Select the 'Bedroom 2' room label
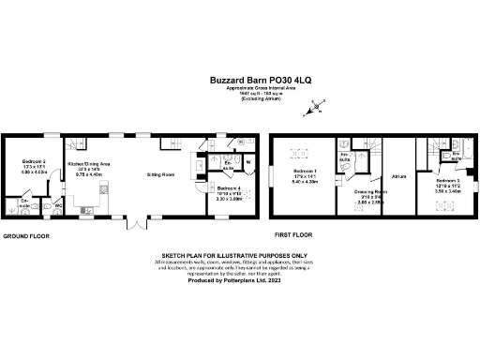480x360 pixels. click(x=34, y=161)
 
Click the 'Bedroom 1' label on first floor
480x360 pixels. click(x=305, y=174)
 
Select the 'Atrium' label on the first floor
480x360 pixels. click(x=397, y=174)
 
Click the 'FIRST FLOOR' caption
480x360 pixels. click(x=291, y=235)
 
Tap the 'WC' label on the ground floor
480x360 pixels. click(x=58, y=204)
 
